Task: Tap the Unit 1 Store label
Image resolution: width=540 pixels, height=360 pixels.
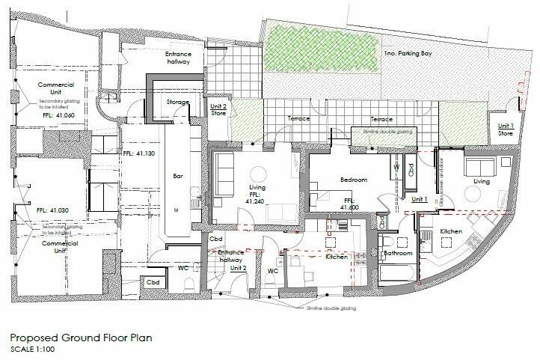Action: (x=506, y=129)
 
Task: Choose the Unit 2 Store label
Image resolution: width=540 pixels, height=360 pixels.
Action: (x=218, y=111)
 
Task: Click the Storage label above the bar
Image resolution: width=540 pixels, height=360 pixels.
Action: (x=178, y=102)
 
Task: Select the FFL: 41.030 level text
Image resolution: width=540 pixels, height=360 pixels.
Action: (x=53, y=210)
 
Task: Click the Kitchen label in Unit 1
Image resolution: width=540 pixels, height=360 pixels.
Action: (x=450, y=231)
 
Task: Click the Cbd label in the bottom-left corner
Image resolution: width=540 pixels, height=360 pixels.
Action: (x=153, y=281)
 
